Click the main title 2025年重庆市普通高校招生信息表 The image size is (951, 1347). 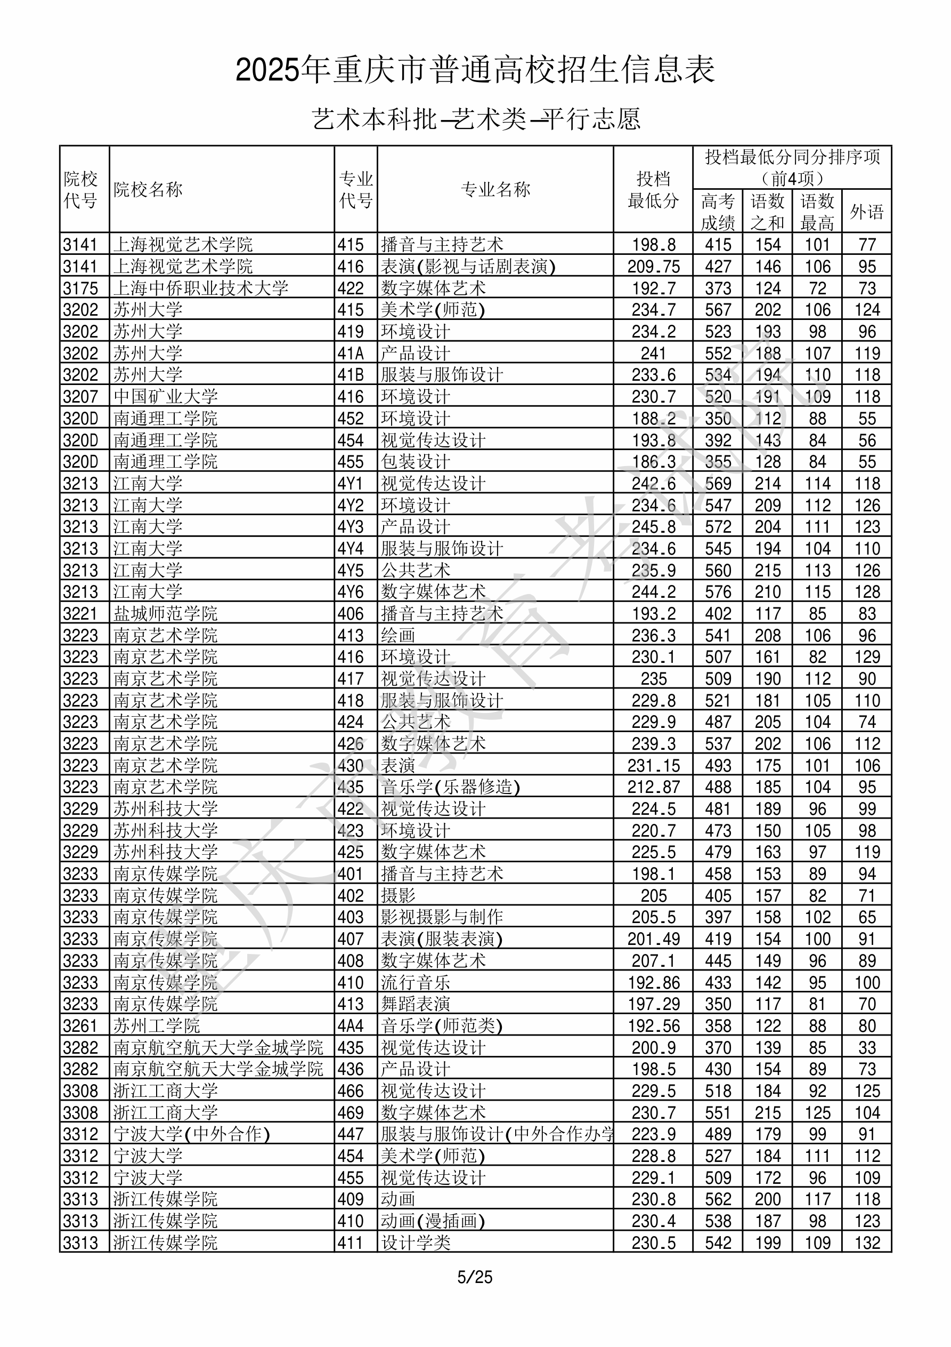475,70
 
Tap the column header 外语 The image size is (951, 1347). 867,211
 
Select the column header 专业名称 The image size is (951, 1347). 495,189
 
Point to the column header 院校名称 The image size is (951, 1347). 148,189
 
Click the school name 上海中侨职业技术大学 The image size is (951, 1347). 200,288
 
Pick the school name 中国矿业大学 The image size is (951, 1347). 165,397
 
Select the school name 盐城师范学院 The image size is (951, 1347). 165,614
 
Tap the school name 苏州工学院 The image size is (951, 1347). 157,1026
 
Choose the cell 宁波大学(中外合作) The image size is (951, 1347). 192,1134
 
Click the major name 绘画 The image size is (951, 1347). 398,635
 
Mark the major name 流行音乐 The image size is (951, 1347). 416,983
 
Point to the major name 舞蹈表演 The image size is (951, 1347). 416,1004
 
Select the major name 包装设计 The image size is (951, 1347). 416,462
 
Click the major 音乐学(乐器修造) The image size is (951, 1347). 450,787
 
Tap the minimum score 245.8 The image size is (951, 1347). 653,527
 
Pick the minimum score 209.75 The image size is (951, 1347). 653,266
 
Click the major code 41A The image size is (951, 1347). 351,353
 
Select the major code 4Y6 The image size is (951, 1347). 351,592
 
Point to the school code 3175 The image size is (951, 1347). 80,288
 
